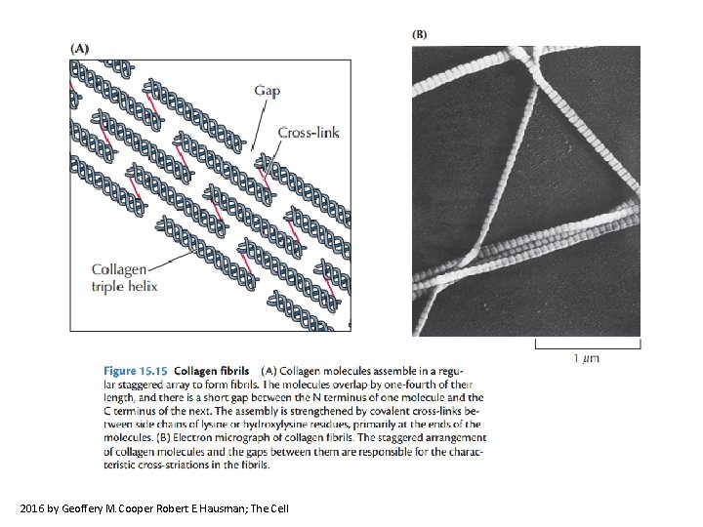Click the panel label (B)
pyautogui.click(x=420, y=33)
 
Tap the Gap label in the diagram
pyautogui.click(x=268, y=91)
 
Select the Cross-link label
pyautogui.click(x=309, y=132)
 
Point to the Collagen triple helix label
pyautogui.click(x=124, y=277)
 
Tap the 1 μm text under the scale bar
pyautogui.click(x=586, y=358)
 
